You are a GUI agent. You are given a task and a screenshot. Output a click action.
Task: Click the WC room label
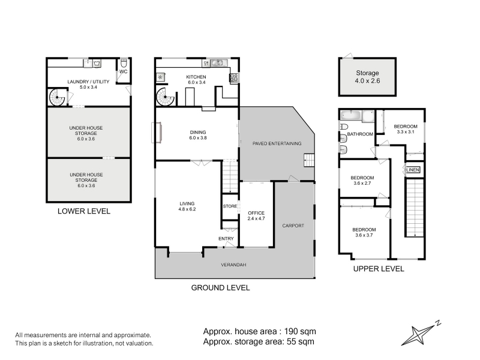tap(124, 71)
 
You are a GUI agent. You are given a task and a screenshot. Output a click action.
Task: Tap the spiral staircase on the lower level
tap(57, 97)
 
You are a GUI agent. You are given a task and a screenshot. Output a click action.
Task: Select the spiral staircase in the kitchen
tap(165, 97)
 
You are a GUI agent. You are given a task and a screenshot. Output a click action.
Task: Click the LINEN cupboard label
tap(413, 170)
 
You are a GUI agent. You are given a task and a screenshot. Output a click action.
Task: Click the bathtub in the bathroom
tap(351, 115)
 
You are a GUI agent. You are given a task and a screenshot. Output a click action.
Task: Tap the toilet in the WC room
tap(124, 64)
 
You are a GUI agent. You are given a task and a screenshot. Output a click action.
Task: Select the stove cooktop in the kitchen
tap(234, 78)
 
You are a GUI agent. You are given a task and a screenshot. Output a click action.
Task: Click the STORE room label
tap(230, 206)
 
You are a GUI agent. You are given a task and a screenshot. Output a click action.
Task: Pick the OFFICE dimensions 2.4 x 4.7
tap(256, 218)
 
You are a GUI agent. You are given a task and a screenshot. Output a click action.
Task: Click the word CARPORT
tap(293, 226)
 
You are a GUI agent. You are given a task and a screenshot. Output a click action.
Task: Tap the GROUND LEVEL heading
tap(220, 288)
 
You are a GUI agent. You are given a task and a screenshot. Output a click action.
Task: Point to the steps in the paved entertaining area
tap(309, 160)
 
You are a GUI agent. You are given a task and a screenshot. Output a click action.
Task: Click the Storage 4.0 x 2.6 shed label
tap(367, 77)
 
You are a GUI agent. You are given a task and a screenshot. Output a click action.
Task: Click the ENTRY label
tap(226, 238)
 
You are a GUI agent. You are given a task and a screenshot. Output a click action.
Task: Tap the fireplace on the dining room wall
tap(157, 133)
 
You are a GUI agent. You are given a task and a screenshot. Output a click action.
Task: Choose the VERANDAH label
tap(233, 265)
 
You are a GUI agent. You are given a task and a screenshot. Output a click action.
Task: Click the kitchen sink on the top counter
tap(218, 63)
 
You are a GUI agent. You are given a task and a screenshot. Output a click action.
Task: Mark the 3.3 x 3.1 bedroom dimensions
tap(406, 132)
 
